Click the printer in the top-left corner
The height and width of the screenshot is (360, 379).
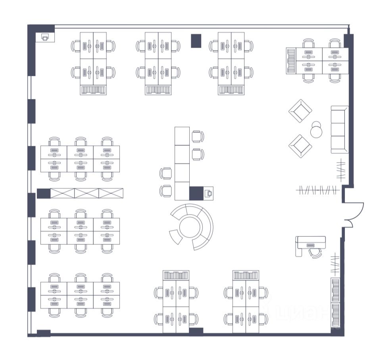pyautogui.click(x=45, y=37)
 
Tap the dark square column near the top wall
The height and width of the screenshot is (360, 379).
pyautogui.click(x=196, y=41)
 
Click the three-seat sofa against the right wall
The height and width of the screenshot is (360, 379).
pyautogui.click(x=339, y=130)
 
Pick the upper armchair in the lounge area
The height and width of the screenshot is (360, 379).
pyautogui.click(x=300, y=111)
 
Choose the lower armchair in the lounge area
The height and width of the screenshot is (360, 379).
pyautogui.click(x=300, y=146)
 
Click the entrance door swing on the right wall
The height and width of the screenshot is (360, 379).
pyautogui.click(x=355, y=215)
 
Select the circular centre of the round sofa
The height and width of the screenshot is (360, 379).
pyautogui.click(x=191, y=227)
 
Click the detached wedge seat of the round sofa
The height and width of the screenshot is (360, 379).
pyautogui.click(x=175, y=237)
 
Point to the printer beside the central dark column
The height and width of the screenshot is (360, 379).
pyautogui.click(x=208, y=194)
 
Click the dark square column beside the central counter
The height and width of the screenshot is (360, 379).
pyautogui.click(x=196, y=193)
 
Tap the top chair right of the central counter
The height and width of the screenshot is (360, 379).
pyautogui.click(x=198, y=136)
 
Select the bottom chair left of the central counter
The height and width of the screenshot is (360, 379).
pyautogui.click(x=166, y=191)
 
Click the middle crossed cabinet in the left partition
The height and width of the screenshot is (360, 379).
pyautogui.click(x=87, y=194)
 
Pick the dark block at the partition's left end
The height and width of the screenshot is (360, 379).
pyautogui.click(x=43, y=194)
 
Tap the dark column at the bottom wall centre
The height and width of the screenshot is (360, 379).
pyautogui.click(x=196, y=331)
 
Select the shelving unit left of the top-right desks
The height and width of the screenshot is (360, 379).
pyautogui.click(x=291, y=61)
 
